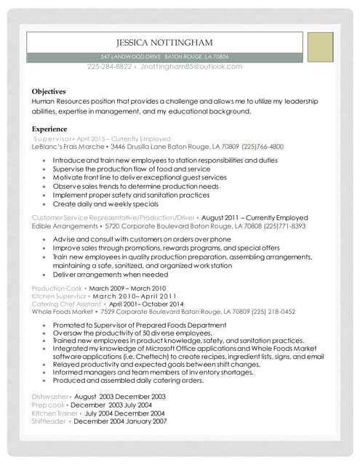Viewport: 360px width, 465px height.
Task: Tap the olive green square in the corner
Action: tap(319, 47)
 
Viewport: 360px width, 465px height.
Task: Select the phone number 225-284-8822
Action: tap(109, 67)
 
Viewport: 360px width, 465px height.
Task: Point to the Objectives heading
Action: tap(49, 92)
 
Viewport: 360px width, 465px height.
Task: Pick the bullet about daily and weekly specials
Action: tap(95, 204)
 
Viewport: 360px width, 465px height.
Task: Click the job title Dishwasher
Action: tap(49, 396)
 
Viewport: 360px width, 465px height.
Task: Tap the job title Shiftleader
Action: tap(49, 421)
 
